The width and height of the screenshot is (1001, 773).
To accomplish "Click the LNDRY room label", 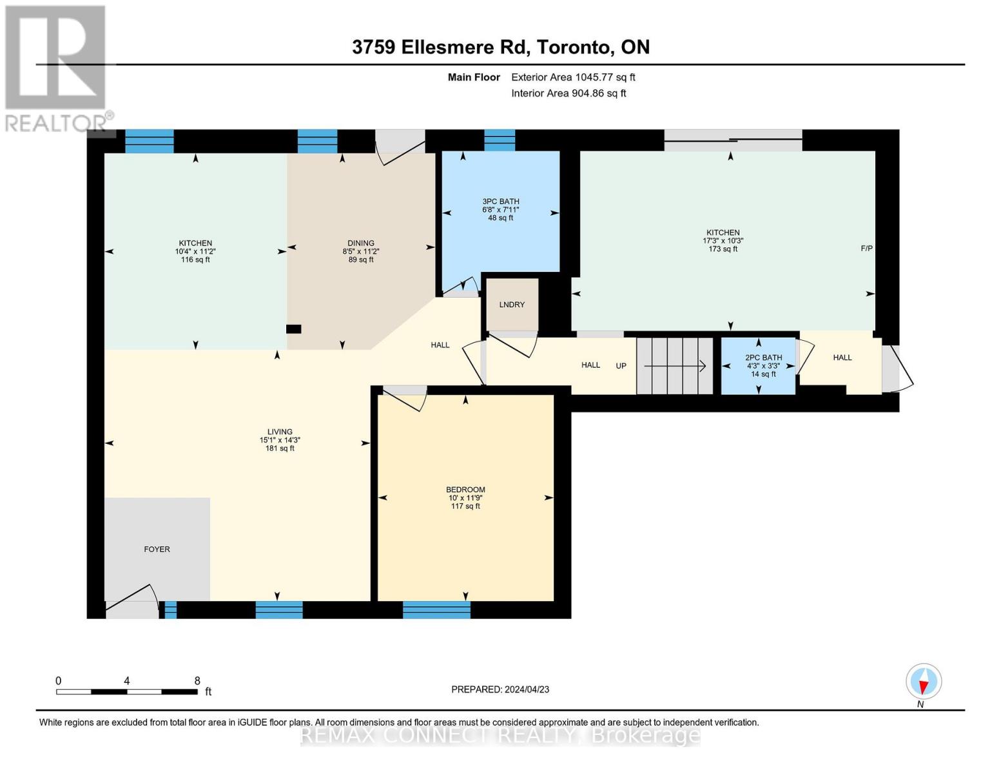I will (x=512, y=305).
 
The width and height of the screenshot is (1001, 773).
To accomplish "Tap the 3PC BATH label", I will (x=501, y=202).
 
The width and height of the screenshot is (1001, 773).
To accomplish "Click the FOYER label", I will (x=157, y=549).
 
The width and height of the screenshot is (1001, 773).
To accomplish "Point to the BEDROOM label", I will (x=465, y=490).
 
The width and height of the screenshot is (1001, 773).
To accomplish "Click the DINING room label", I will (x=360, y=243).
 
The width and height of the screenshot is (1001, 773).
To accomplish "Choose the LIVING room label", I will (x=280, y=432).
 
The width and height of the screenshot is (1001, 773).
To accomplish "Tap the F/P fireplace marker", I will (x=866, y=248).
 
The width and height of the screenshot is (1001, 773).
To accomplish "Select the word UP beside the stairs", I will (x=621, y=366).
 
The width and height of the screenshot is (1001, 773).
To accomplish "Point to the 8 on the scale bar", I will (x=197, y=681).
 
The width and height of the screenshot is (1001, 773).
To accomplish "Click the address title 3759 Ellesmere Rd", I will (x=500, y=47).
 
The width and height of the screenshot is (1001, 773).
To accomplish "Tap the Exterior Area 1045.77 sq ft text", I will (x=573, y=77).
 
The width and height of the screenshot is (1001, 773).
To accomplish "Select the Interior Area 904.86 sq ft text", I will (x=569, y=93).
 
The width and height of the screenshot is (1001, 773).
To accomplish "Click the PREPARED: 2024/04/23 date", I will (x=500, y=689).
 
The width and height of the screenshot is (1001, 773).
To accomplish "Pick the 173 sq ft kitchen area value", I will (x=723, y=249).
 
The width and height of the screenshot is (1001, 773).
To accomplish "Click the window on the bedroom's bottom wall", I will (x=436, y=609).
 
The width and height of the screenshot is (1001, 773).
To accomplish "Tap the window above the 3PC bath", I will (x=500, y=140).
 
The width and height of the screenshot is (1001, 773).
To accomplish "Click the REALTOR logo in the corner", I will (x=56, y=68).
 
